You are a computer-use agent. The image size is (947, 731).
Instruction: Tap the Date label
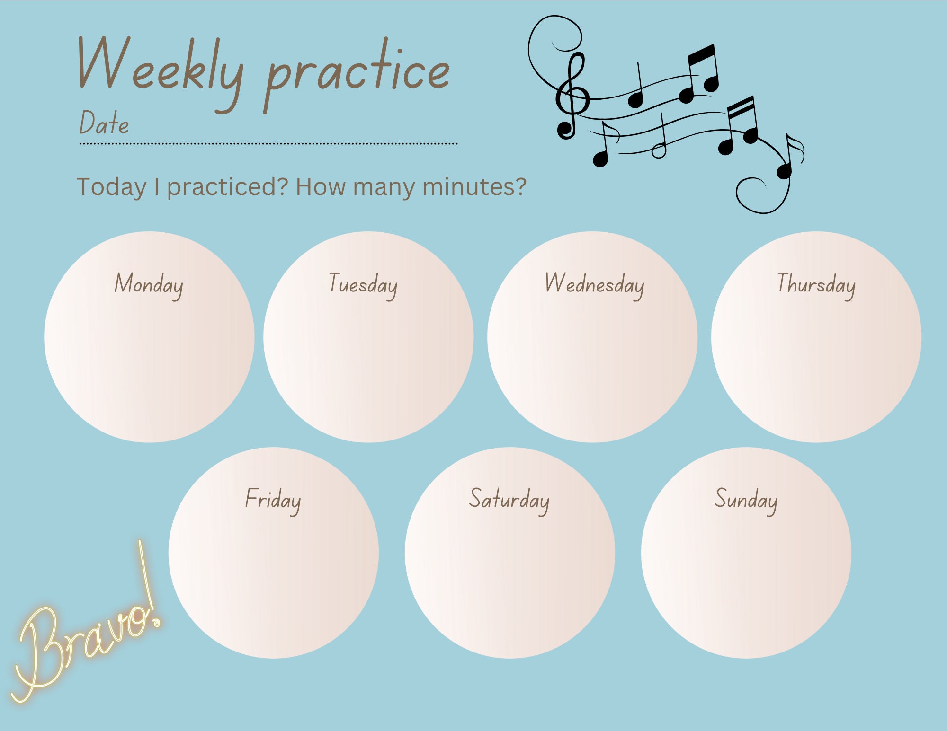pos(104,123)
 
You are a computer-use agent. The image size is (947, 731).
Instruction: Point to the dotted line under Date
pos(268,143)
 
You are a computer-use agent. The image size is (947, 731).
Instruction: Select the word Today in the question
pos(112,187)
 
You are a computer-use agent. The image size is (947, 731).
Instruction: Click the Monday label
pos(149,284)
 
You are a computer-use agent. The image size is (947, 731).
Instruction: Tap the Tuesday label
pos(363,284)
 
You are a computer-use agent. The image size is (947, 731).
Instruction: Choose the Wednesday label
pos(594,284)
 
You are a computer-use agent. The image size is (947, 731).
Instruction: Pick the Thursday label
pos(816,284)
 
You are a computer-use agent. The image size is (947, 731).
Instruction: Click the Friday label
pos(273,500)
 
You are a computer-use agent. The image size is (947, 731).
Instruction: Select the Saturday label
pos(509,500)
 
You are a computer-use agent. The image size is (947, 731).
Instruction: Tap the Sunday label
pos(746,500)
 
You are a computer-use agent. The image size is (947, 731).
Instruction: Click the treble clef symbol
pos(572,97)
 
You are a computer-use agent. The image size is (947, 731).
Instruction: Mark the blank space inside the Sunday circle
pos(746,582)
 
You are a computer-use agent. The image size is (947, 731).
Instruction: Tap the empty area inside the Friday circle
pos(273,582)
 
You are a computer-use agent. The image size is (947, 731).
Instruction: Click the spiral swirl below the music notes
pos(758,194)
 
